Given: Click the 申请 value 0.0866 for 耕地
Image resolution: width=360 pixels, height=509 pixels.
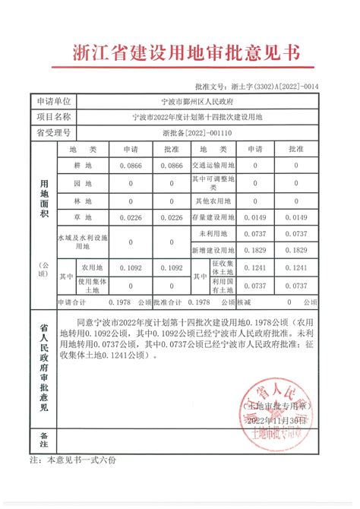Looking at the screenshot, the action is (x=130, y=164).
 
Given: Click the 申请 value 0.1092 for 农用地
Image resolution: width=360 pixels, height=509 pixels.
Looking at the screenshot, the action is (x=130, y=268).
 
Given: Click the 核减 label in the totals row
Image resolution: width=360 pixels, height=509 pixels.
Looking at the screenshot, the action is (x=244, y=302).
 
